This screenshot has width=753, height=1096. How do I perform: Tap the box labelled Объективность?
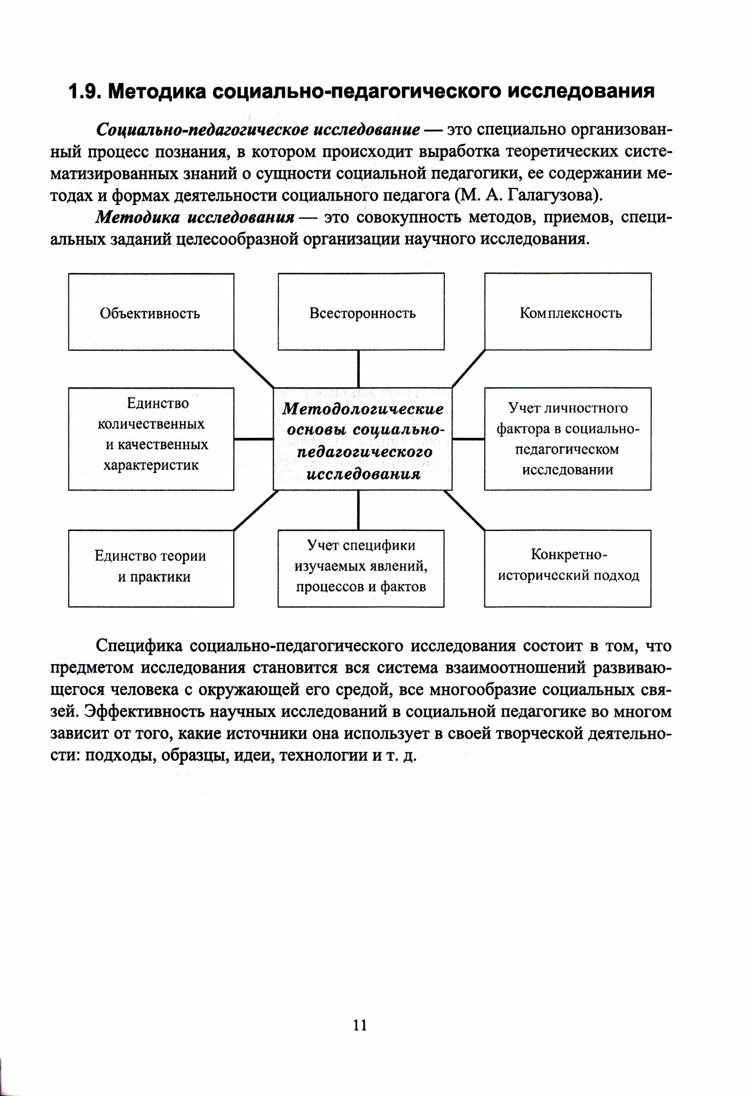[151, 312]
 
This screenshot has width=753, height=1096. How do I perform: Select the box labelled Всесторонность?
[361, 312]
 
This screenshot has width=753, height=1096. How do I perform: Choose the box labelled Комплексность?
[568, 312]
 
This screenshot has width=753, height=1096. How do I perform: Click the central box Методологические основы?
[363, 439]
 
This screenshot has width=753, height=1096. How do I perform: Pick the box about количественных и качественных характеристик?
[151, 439]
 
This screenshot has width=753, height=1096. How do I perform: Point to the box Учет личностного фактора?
[568, 439]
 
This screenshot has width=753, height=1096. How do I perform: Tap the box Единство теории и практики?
[151, 568]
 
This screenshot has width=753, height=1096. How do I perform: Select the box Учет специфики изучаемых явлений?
[361, 568]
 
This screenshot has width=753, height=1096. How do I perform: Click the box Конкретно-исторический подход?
[568, 568]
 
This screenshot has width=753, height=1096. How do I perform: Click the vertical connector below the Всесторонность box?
[358, 368]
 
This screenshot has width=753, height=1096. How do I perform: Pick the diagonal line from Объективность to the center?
[253, 368]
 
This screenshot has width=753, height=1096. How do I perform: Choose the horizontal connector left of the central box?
[253, 439]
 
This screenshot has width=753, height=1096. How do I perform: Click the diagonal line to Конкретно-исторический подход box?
[465, 510]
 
